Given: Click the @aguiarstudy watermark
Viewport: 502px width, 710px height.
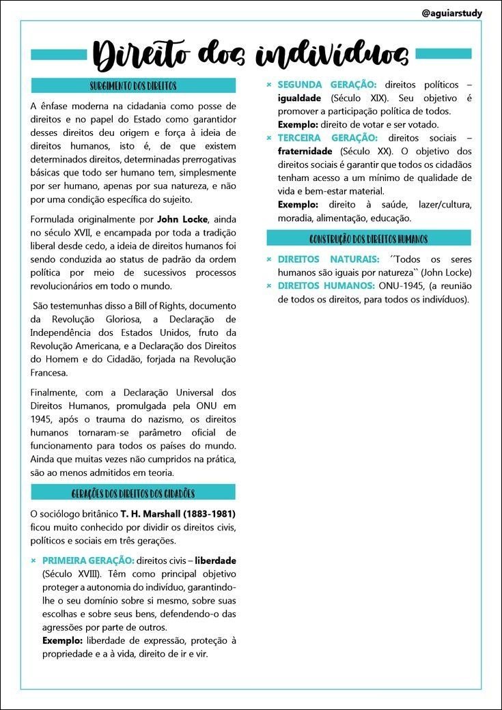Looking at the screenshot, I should [451, 13].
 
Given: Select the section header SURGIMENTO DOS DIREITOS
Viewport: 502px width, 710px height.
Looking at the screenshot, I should [133, 86].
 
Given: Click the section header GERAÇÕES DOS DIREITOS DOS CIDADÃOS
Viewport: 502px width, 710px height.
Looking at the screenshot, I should [133, 493].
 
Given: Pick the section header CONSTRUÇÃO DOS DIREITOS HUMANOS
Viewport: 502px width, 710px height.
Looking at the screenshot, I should [369, 239].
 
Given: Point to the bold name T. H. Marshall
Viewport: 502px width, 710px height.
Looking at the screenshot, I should [146, 513].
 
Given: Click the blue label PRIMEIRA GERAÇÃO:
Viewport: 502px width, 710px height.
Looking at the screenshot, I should [88, 560].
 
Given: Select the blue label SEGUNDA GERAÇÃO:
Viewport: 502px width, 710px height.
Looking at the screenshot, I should [326, 85].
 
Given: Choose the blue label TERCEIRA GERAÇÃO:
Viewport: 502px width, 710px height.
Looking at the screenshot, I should [326, 138].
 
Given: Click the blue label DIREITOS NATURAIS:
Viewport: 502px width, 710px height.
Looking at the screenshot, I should [328, 259].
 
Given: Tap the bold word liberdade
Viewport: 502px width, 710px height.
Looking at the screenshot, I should [216, 560].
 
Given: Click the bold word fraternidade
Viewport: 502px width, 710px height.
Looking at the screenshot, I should [305, 152].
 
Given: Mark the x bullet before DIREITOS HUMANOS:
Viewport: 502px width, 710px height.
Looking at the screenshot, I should [269, 285].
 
